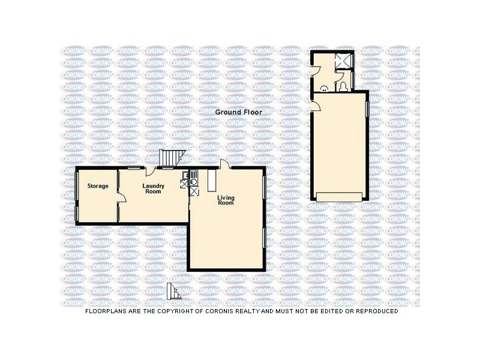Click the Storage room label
click(x=98, y=186)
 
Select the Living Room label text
click(x=225, y=200)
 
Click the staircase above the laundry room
click(x=170, y=158)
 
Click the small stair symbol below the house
click(x=174, y=292)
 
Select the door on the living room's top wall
click(x=224, y=165)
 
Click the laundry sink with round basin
click(x=194, y=176)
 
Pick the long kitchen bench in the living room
click(x=211, y=181)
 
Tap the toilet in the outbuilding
click(x=341, y=88)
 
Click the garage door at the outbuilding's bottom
click(x=340, y=196)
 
